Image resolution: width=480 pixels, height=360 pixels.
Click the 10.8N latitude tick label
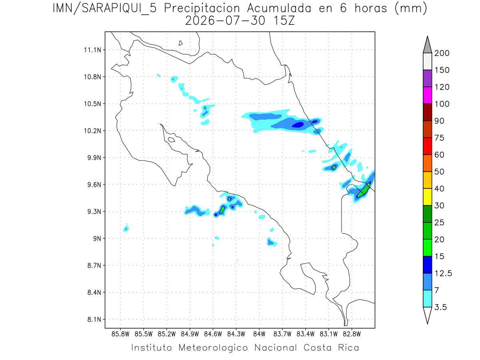92,77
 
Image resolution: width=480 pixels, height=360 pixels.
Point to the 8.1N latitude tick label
94,319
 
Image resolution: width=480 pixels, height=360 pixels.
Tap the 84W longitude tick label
259,334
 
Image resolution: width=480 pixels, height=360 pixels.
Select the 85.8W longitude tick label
120,334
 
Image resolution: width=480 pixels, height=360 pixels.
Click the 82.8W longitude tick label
352,334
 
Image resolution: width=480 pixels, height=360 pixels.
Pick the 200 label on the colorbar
442,53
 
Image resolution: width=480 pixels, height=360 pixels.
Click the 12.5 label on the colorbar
443,274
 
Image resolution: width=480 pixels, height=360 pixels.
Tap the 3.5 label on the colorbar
440,307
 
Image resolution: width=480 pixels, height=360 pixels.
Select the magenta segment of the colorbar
427,95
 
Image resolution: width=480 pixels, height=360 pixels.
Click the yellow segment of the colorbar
427,197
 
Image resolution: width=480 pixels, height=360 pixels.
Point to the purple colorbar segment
427,78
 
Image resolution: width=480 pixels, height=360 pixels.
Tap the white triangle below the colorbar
427,314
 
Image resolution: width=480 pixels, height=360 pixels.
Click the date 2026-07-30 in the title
225,21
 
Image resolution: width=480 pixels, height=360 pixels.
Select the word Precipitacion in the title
202,9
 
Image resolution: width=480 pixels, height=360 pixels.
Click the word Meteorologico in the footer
213,348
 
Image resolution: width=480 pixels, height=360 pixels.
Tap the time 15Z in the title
284,21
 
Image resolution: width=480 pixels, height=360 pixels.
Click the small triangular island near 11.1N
180,43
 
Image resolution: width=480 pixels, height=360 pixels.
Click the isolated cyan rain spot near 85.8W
126,228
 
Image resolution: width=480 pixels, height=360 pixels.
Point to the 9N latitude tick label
97,238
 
